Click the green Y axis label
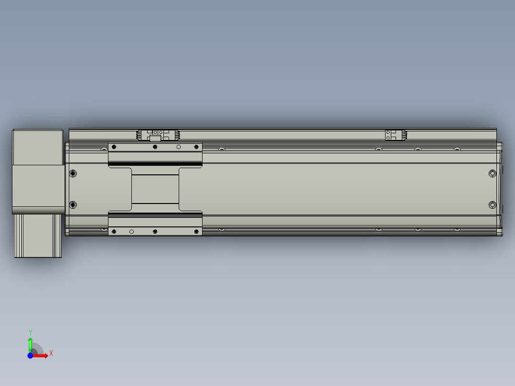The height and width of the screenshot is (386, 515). coord(31,332)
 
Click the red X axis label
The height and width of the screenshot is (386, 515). coord(51,354)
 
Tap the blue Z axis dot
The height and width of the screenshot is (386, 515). coord(31,355)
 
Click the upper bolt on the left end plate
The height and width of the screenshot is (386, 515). coord(73,173)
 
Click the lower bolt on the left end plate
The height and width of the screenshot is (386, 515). coord(73,205)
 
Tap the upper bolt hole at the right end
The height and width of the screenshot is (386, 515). coord(493,173)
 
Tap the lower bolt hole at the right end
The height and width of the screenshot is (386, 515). coord(493,205)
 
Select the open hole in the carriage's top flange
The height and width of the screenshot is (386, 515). coord(179,147)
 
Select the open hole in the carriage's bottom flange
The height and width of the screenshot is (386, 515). coord(132,232)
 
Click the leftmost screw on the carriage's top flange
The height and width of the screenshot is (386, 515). coord(114,147)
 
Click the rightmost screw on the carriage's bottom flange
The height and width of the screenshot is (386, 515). coord(196,232)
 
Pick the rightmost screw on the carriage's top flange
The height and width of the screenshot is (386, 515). coord(196,147)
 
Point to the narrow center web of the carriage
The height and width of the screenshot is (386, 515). coord(155,189)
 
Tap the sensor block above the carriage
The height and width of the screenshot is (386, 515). coord(156,138)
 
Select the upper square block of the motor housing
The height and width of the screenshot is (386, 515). coord(38,147)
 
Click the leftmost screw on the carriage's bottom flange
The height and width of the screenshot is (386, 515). coord(114,232)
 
